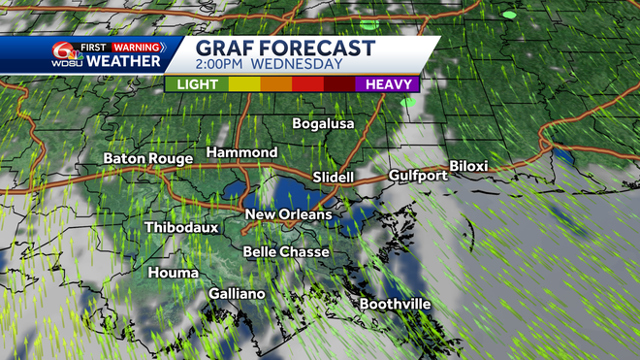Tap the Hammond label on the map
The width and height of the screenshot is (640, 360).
(x=241, y=153)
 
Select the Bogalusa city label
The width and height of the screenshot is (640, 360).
(x=324, y=124)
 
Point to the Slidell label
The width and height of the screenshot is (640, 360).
(x=336, y=178)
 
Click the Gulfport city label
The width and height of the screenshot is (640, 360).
(x=418, y=176)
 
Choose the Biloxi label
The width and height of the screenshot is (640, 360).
(x=469, y=166)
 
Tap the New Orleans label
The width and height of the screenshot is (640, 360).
(x=288, y=214)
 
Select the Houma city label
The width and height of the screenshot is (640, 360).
(x=174, y=274)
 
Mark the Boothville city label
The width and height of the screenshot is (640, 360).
(x=395, y=305)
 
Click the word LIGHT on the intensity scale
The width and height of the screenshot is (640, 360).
(x=197, y=84)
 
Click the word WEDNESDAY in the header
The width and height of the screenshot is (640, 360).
(x=299, y=65)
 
